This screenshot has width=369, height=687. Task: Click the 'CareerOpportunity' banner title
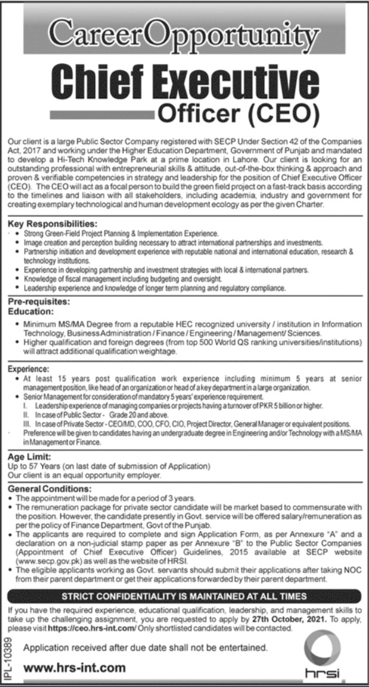tap(184, 34)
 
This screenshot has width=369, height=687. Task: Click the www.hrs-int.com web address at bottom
tap(75, 667)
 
